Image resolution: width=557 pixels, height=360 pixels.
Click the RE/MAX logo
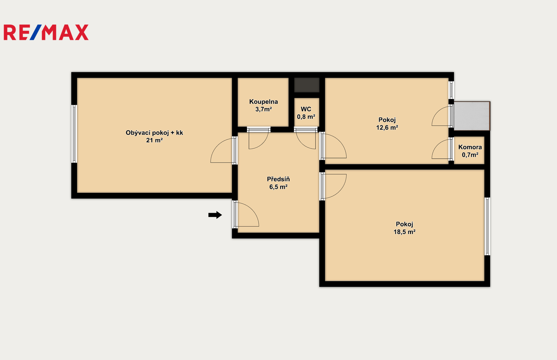46,32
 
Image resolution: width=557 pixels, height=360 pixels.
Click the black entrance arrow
215,215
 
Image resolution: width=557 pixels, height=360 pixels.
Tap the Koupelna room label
264,102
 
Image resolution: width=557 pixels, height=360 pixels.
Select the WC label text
306,109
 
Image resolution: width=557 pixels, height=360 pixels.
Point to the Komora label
470,147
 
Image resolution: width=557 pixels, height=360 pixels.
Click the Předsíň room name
278,179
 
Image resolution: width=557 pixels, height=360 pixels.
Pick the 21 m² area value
155,140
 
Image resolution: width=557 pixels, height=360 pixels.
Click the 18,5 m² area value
405,232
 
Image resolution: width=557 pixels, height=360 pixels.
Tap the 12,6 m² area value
387,127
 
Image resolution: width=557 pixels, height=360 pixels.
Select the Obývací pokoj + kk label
155,133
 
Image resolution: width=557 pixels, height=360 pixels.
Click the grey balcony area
472,116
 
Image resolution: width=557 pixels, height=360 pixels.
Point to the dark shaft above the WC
307,85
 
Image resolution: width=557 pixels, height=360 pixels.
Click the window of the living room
74,134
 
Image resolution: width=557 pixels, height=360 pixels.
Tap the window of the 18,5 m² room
487,226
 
